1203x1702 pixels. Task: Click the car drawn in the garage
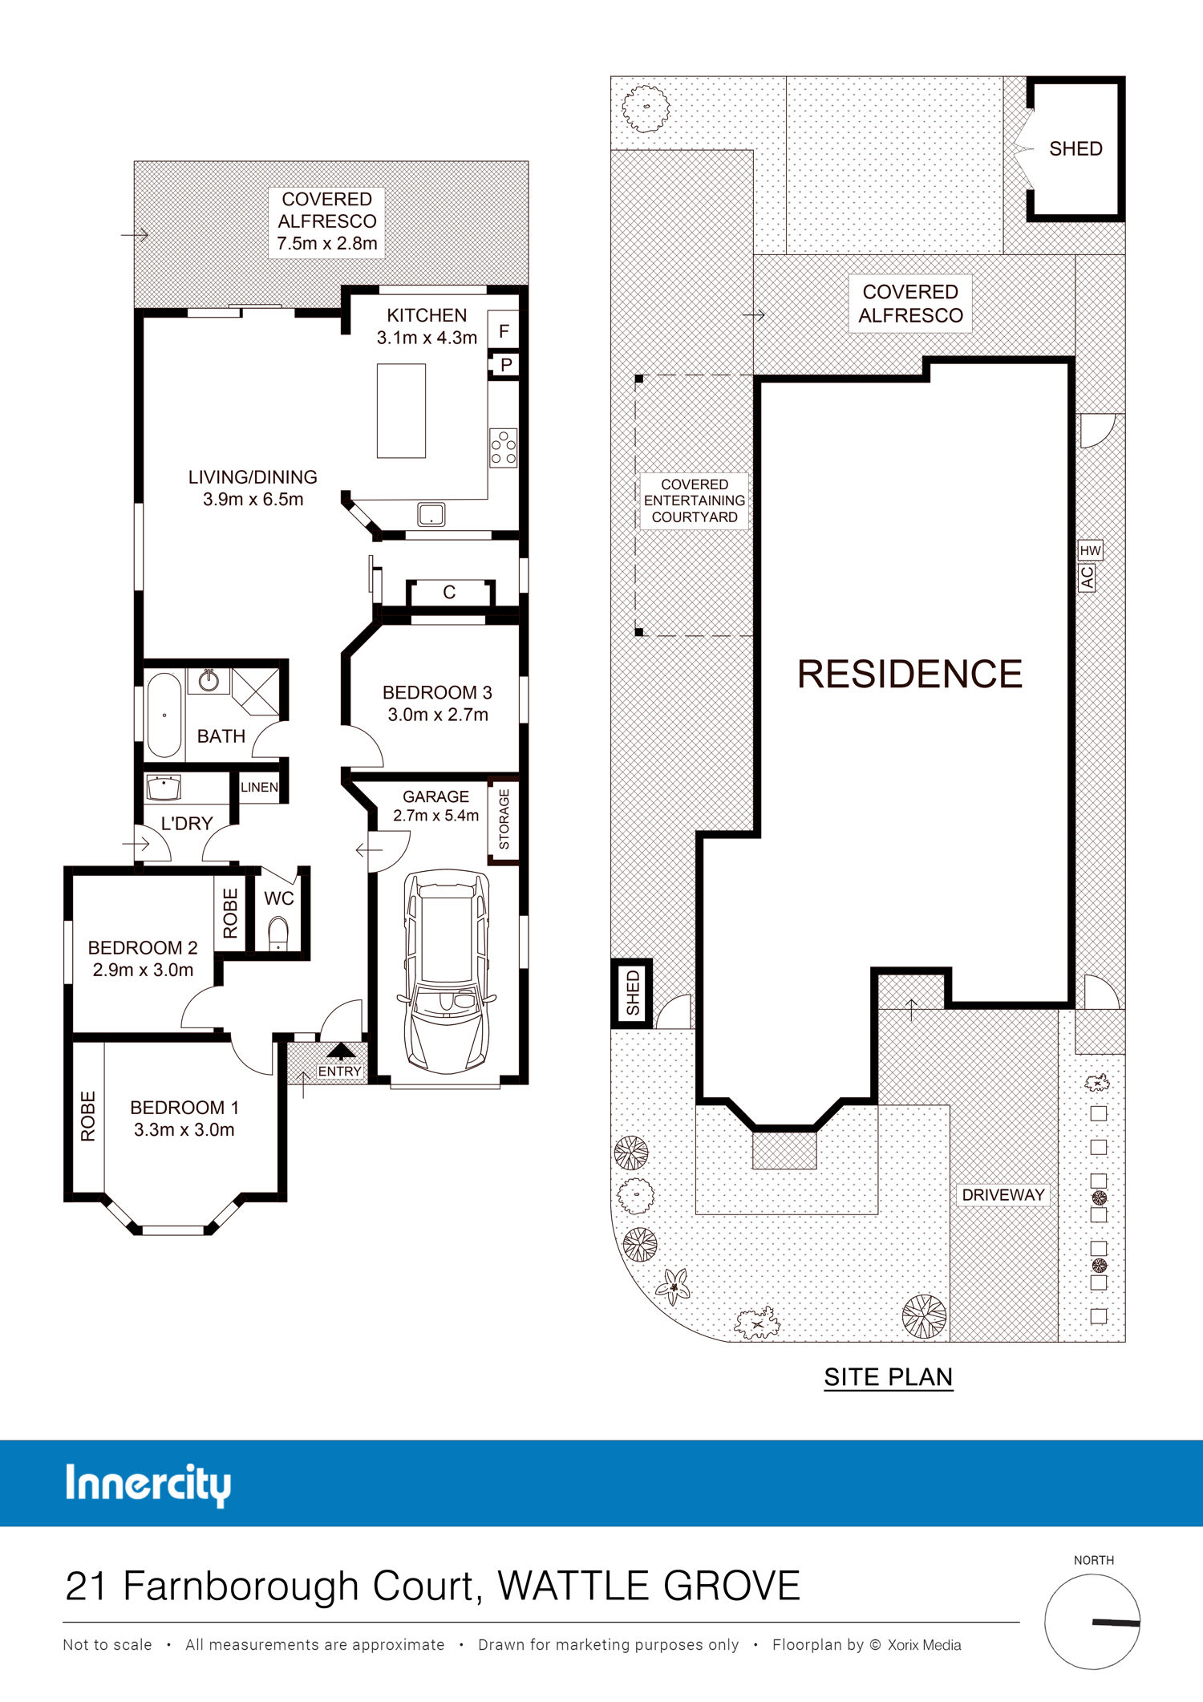[x=447, y=972]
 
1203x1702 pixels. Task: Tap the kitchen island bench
[x=401, y=411]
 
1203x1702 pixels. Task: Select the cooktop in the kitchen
[x=504, y=448]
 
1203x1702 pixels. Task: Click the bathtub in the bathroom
[x=164, y=715]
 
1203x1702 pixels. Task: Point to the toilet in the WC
[x=277, y=934]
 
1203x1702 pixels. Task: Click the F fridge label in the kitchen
[x=504, y=330]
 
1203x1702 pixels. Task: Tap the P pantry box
[x=506, y=365]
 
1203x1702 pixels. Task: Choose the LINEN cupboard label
[x=259, y=787]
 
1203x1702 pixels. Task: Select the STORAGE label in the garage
[x=504, y=819]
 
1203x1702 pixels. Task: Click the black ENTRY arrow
[x=342, y=1051]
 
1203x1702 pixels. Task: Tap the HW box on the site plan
[x=1090, y=550]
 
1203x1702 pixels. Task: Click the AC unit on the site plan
[x=1087, y=577]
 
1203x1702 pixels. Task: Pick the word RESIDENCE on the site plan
[x=909, y=674]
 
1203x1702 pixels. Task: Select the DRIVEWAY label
[x=1003, y=1194]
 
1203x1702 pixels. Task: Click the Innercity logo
[x=148, y=1484]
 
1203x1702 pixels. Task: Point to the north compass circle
[x=1092, y=1622]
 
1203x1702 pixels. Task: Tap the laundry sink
[x=164, y=787]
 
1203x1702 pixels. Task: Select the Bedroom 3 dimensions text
[x=438, y=715]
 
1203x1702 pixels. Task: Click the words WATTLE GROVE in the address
[x=649, y=1586]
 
